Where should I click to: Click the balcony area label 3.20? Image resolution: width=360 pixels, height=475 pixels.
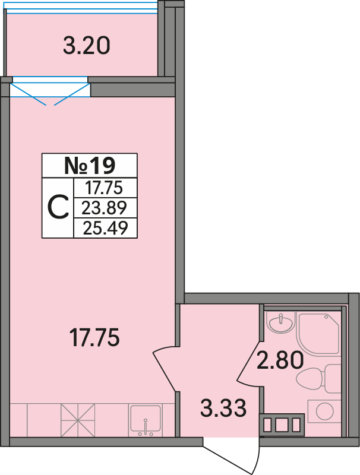[x=86, y=46]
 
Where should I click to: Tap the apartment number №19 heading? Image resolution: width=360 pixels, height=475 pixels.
[x=90, y=166]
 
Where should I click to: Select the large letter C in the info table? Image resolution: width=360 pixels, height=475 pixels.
[x=58, y=208]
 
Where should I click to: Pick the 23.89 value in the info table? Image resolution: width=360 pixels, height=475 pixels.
[x=104, y=208]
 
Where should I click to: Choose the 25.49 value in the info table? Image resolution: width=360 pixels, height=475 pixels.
[x=105, y=228]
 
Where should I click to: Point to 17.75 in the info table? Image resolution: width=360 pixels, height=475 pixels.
[x=103, y=188]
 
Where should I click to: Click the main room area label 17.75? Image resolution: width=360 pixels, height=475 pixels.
[x=94, y=337]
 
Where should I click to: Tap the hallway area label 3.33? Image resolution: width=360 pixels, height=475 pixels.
[x=223, y=408]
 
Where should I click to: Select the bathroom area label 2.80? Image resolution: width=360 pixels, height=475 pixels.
[x=280, y=360]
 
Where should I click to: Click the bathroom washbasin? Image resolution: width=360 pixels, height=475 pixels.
[x=282, y=323]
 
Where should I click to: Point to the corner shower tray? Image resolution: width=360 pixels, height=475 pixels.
[x=318, y=334]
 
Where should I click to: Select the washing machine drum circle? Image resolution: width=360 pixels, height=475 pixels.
[x=324, y=411]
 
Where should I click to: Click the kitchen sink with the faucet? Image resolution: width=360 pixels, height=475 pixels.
[x=146, y=420]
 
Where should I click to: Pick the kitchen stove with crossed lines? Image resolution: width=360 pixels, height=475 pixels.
[x=78, y=420]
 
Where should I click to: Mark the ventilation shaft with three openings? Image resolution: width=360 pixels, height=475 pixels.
[x=282, y=425]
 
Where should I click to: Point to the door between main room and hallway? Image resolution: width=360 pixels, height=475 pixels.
[x=165, y=368]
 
